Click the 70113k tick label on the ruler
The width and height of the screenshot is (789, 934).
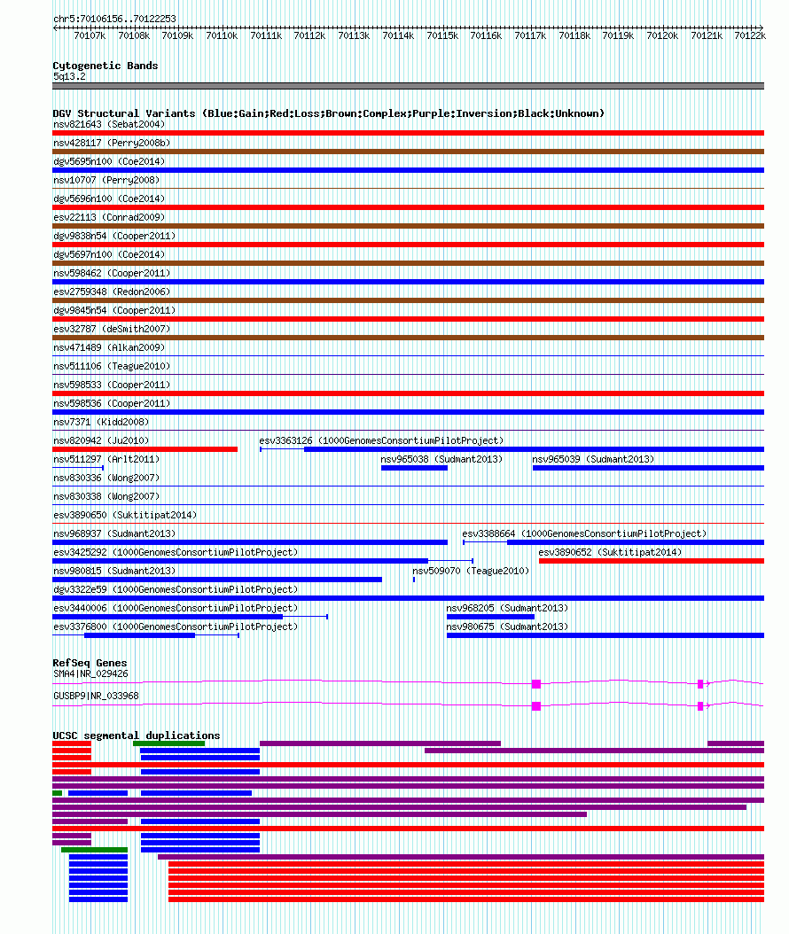(x=354, y=35)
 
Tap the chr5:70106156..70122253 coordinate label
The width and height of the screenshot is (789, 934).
(x=114, y=19)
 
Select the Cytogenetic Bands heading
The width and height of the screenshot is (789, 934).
(x=105, y=66)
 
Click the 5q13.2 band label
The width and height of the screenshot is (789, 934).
(x=69, y=77)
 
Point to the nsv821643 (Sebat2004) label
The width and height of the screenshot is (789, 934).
(x=109, y=124)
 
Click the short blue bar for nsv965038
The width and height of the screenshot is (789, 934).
(x=414, y=468)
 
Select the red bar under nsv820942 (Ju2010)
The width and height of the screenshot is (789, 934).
(x=145, y=449)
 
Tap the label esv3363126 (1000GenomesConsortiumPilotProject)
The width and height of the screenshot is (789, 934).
(x=381, y=440)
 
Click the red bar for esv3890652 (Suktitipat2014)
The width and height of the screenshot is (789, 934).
(x=652, y=561)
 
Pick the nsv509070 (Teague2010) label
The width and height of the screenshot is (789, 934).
(x=471, y=572)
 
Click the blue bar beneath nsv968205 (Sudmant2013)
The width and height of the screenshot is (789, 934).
(x=490, y=617)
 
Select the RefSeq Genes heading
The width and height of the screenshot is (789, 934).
(x=90, y=663)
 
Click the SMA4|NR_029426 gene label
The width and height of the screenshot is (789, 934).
(x=90, y=674)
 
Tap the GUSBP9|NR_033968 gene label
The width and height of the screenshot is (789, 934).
(x=96, y=697)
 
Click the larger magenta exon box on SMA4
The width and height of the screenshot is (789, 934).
(x=536, y=684)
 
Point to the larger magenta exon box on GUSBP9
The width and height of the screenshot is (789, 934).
(x=536, y=706)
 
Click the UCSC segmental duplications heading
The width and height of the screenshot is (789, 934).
(x=137, y=736)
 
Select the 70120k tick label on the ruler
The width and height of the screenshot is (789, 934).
(x=662, y=35)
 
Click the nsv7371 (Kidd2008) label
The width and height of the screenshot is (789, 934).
(x=101, y=423)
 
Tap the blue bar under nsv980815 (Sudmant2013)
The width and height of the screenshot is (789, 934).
(x=217, y=580)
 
